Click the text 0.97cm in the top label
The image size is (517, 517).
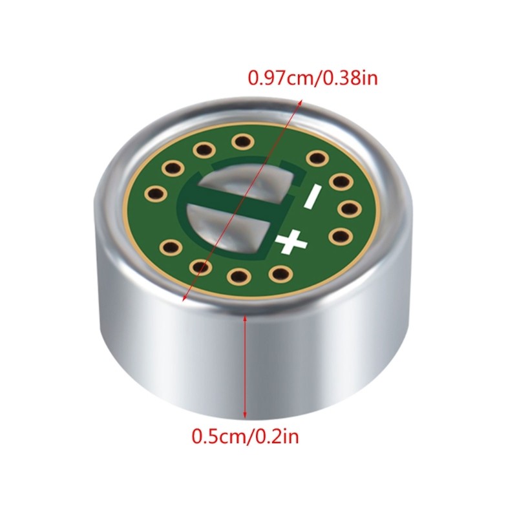pyautogui.click(x=282, y=79)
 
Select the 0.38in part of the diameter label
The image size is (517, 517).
pyautogui.click(x=350, y=79)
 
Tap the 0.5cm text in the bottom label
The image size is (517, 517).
pyautogui.click(x=218, y=438)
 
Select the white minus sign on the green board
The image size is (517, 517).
pyautogui.click(x=311, y=196)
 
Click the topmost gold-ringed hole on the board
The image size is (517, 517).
pyautogui.click(x=243, y=141)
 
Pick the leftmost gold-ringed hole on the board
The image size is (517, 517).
pyautogui.click(x=155, y=192)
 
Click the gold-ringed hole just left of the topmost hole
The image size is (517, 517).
pyautogui.click(x=205, y=151)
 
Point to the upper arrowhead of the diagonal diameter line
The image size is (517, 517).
pyautogui.click(x=301, y=101)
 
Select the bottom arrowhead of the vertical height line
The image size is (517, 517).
pyautogui.click(x=245, y=417)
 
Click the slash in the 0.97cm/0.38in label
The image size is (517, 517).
pyautogui.click(x=318, y=79)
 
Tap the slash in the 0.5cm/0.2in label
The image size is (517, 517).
pyautogui.click(x=249, y=438)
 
